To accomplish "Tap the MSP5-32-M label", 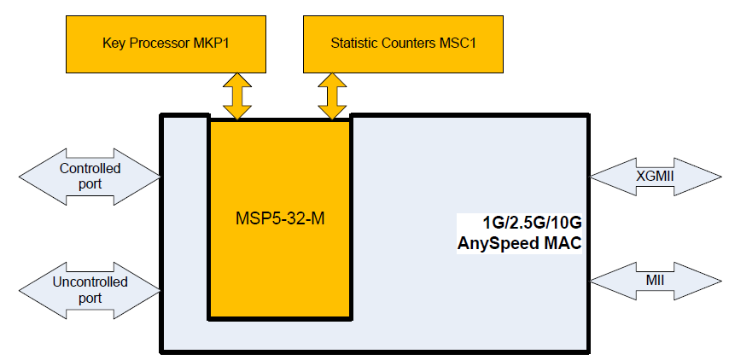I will pyautogui.click(x=280, y=218).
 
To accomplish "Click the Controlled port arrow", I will pyautogui.click(x=90, y=176).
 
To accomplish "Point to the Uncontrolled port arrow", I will pyautogui.click(x=90, y=289).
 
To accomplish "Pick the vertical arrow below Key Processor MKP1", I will pyautogui.click(x=237, y=96).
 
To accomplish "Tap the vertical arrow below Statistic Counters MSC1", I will pyautogui.click(x=332, y=96).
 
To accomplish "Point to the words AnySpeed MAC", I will pyautogui.click(x=519, y=244).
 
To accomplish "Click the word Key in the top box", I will pyautogui.click(x=113, y=42).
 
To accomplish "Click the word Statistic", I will pyautogui.click(x=356, y=42).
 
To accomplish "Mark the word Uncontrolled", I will pyautogui.click(x=90, y=282).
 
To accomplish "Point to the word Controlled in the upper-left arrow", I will pyautogui.click(x=90, y=168).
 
